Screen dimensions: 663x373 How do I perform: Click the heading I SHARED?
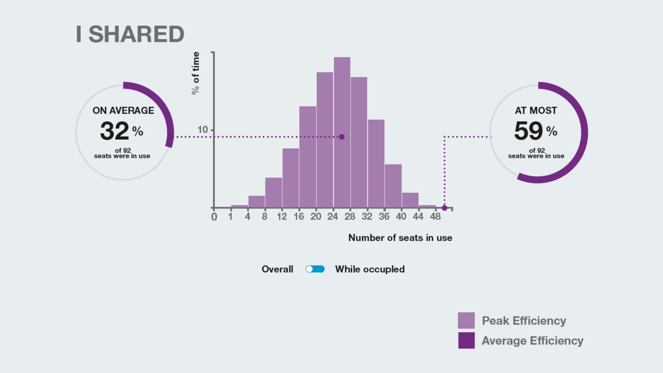[x=129, y=34]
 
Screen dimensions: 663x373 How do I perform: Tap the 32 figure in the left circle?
[x=114, y=131]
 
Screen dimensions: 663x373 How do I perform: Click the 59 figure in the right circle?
[x=528, y=131]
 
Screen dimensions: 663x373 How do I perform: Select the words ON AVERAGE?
[x=123, y=111]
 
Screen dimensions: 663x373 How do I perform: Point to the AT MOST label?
[x=535, y=111]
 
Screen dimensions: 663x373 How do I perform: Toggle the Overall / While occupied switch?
[x=315, y=269]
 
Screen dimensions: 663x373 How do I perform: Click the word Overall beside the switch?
[x=277, y=269]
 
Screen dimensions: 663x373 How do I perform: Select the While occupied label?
[x=370, y=269]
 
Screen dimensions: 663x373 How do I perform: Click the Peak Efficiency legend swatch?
[x=466, y=321]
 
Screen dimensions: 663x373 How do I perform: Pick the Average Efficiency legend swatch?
[x=466, y=341]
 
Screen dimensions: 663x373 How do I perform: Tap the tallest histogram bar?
[x=342, y=132]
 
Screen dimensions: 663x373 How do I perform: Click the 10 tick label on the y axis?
[x=203, y=130]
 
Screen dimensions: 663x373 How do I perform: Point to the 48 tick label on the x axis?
[x=435, y=216]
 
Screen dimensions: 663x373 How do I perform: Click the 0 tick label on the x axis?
[x=214, y=217]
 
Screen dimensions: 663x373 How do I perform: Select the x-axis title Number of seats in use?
[x=400, y=238]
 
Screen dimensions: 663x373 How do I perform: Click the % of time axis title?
[x=196, y=73]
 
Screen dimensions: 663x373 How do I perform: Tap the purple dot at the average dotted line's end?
[x=342, y=137]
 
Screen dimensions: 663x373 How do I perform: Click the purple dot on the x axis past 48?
[x=444, y=208]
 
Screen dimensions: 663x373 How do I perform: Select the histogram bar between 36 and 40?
[x=393, y=186]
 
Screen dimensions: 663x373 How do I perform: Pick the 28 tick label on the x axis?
[x=350, y=216]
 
